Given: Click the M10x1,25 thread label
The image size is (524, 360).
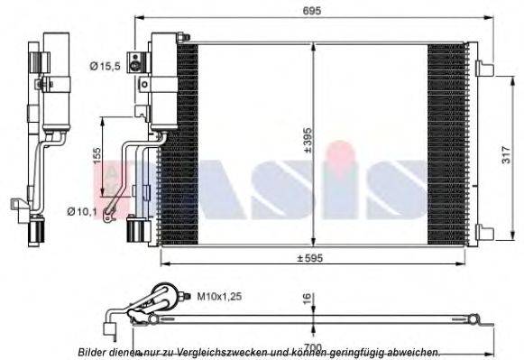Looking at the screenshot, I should (x=216, y=295).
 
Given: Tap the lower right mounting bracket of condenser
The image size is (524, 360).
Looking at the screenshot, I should (x=483, y=232).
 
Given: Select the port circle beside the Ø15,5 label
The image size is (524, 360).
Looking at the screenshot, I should (x=136, y=63).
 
